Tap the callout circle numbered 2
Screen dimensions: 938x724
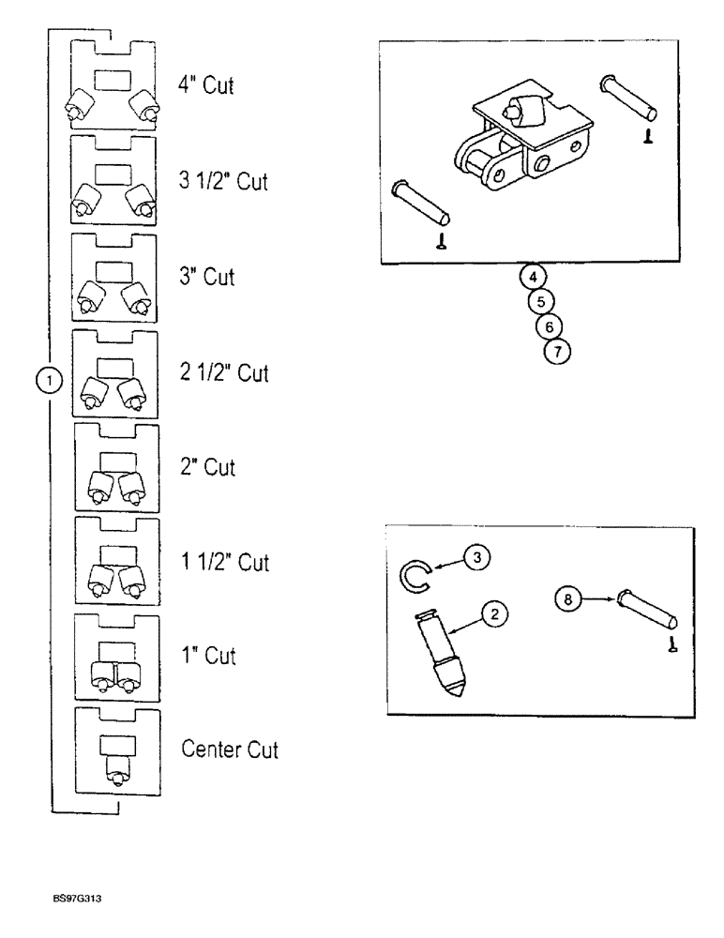495,614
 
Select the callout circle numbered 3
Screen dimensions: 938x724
476,558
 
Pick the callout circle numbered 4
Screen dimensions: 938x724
532,278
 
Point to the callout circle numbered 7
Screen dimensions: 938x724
556,352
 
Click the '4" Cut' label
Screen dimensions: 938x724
204,85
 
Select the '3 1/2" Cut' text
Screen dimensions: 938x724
223,181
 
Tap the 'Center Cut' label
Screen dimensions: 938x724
231,749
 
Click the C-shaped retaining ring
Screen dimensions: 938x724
413,573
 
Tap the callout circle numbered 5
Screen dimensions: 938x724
541,302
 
